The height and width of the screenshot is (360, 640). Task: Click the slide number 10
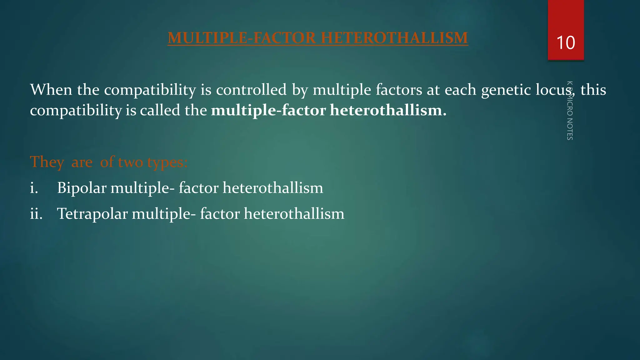point(566,43)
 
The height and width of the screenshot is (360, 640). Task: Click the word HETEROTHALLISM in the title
point(394,38)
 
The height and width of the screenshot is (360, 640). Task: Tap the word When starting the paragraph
point(51,90)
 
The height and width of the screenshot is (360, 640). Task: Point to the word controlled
point(251,90)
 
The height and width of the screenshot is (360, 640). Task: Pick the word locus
point(555,90)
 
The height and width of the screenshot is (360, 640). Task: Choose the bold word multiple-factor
point(268,111)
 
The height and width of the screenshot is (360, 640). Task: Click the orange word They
point(47,162)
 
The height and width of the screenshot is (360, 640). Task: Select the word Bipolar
point(82,188)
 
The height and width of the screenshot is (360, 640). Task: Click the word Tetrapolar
point(92,214)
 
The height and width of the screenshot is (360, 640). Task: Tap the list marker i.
point(34,188)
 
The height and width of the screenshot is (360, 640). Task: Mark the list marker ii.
point(36,214)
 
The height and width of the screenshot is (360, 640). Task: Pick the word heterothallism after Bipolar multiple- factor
point(273,188)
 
